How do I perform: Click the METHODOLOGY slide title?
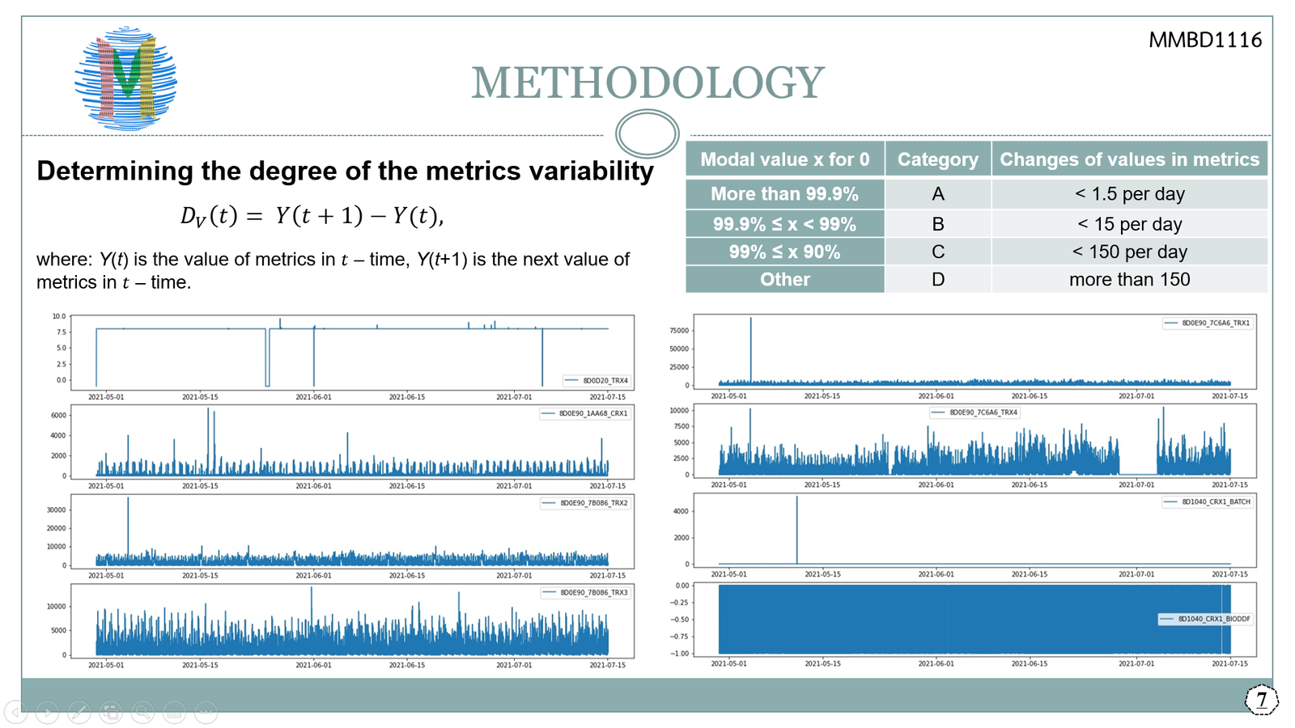click(x=647, y=83)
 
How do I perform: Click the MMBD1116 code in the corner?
click(x=1204, y=40)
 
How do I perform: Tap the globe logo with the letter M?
click(x=126, y=78)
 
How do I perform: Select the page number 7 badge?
click(x=1261, y=700)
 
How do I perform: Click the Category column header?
click(x=937, y=159)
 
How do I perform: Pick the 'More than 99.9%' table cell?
click(x=784, y=194)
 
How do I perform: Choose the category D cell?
click(x=937, y=280)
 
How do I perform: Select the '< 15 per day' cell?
click(x=1129, y=224)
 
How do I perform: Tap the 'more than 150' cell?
click(x=1129, y=280)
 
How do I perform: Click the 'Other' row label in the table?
click(x=784, y=280)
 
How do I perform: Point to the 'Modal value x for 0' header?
click(x=784, y=159)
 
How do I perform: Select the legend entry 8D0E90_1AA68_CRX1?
click(x=592, y=413)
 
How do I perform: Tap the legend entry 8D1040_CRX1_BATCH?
click(x=1215, y=502)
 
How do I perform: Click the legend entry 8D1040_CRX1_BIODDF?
click(x=1213, y=619)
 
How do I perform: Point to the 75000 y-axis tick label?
click(x=678, y=331)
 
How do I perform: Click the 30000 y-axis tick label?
click(x=56, y=510)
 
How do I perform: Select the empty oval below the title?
click(x=647, y=133)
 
